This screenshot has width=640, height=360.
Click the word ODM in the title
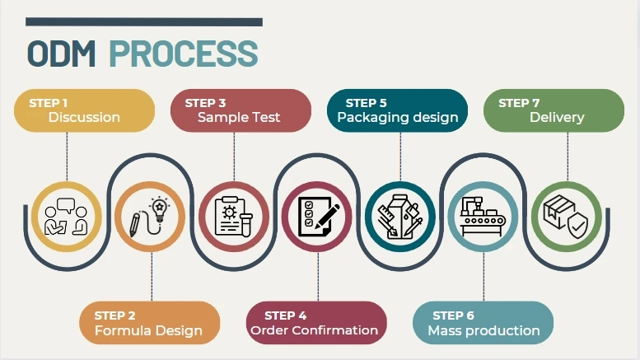[63, 53]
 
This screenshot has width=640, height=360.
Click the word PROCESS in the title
[183, 53]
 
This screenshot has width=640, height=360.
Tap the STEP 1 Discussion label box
[84, 110]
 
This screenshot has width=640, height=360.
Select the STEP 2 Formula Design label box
[149, 323]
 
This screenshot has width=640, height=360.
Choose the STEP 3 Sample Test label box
[240, 110]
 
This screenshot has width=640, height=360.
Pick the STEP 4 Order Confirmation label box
[316, 323]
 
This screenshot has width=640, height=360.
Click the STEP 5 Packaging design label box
[397, 110]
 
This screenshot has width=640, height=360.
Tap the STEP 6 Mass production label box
[483, 323]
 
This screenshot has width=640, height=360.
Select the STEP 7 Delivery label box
[554, 110]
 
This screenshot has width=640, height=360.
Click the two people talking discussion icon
[66, 216]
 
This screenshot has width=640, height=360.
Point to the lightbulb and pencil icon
[149, 216]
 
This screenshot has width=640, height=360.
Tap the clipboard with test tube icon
[234, 216]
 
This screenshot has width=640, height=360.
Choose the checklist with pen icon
[316, 216]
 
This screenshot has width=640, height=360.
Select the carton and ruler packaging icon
[400, 216]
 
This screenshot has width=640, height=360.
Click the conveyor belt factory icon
[484, 216]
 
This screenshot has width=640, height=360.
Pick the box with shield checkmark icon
[566, 216]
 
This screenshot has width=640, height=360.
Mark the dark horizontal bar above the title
[144, 22]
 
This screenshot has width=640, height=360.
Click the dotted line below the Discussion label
[67, 157]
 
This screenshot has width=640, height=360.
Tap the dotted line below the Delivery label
[568, 157]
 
